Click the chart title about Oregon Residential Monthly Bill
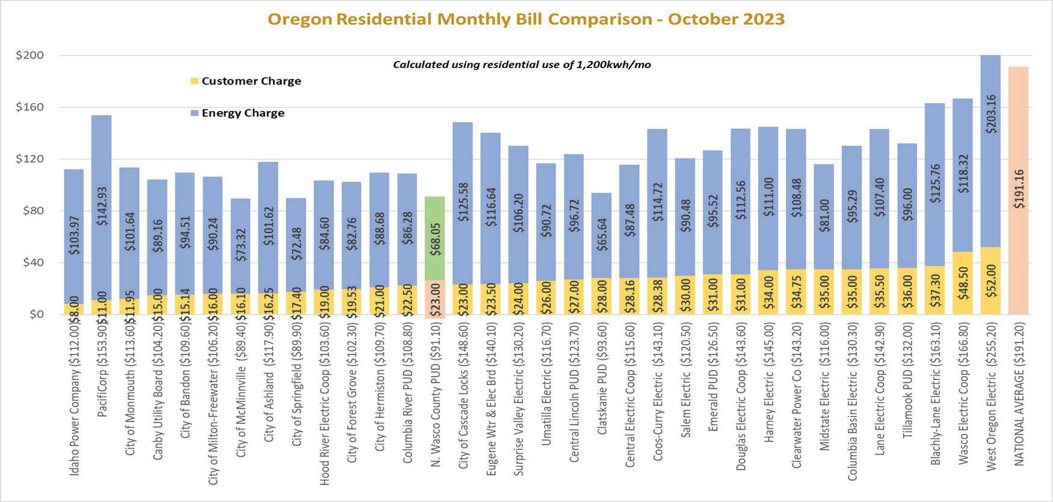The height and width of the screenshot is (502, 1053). coord(526,19)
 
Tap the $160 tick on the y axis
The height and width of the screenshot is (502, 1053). coord(29,107)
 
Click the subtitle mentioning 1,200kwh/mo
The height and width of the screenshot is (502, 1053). coord(522,64)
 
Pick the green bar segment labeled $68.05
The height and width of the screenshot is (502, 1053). coord(435,238)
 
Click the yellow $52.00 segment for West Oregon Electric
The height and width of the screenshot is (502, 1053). coord(990,280)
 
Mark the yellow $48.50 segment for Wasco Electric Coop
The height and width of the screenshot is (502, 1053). coord(963,283)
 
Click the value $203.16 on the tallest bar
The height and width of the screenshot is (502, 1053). coord(990,114)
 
